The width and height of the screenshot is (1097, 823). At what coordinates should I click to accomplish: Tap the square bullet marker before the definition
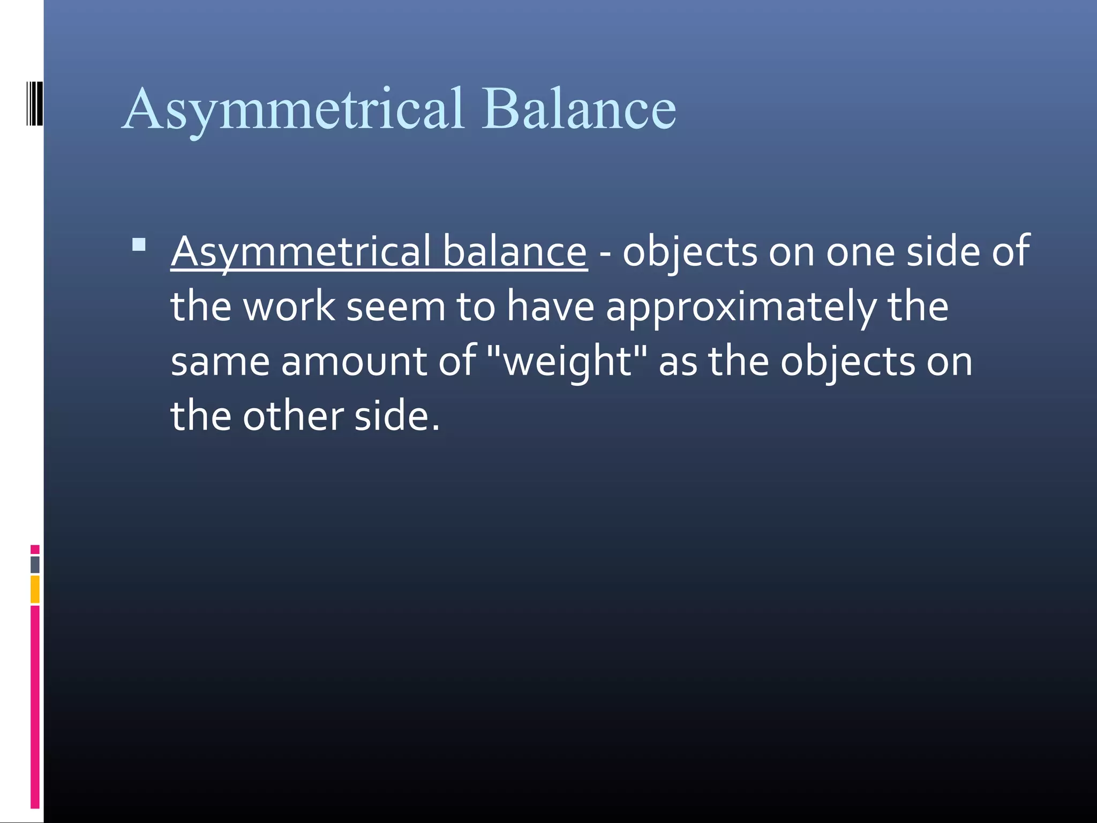[x=139, y=245]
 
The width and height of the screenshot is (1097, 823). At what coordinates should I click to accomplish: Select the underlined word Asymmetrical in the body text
[x=300, y=251]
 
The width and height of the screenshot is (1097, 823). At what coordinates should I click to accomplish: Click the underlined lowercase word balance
[x=515, y=251]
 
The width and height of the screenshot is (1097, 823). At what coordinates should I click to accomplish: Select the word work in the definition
[x=289, y=306]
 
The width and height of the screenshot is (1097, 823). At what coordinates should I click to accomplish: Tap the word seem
[x=396, y=308]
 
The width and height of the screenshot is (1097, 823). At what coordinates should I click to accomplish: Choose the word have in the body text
[x=551, y=306]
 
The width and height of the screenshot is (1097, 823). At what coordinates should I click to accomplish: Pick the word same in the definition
[x=220, y=362]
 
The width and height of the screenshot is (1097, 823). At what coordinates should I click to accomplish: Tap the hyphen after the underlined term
[x=605, y=251]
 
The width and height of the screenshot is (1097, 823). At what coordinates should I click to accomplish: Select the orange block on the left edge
[x=35, y=589]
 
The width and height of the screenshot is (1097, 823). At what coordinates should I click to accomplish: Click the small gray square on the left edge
[x=35, y=564]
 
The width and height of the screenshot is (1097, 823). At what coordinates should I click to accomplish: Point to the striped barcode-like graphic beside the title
[x=34, y=103]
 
